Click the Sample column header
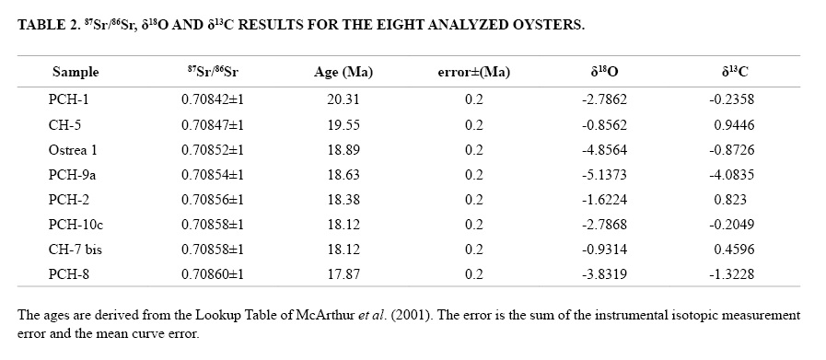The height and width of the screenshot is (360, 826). pyautogui.click(x=76, y=72)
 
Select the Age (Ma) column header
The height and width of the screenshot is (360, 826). pyautogui.click(x=343, y=72)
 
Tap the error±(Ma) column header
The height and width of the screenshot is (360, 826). pyautogui.click(x=473, y=72)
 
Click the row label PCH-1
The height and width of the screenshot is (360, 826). pyautogui.click(x=68, y=99)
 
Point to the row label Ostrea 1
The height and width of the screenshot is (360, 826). pyautogui.click(x=73, y=150)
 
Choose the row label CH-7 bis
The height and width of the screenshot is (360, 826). pyautogui.click(x=75, y=249)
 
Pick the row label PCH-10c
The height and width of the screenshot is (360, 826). pyautogui.click(x=76, y=224)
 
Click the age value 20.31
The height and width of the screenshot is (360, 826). pyautogui.click(x=343, y=99)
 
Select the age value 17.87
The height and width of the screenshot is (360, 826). pyautogui.click(x=343, y=274)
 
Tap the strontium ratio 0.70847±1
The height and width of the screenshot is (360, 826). pyautogui.click(x=213, y=125)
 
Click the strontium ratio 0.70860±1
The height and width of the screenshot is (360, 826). pyautogui.click(x=213, y=274)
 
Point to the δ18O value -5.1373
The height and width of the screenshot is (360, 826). pyautogui.click(x=604, y=174)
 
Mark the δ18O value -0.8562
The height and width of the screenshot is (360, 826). pyautogui.click(x=604, y=125)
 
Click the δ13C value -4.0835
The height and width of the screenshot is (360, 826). pyautogui.click(x=731, y=174)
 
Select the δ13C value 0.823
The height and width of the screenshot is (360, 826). pyautogui.click(x=730, y=199)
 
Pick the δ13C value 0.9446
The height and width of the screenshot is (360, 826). pyautogui.click(x=734, y=125)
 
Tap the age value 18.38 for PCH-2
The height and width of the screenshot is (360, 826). pyautogui.click(x=343, y=199)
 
